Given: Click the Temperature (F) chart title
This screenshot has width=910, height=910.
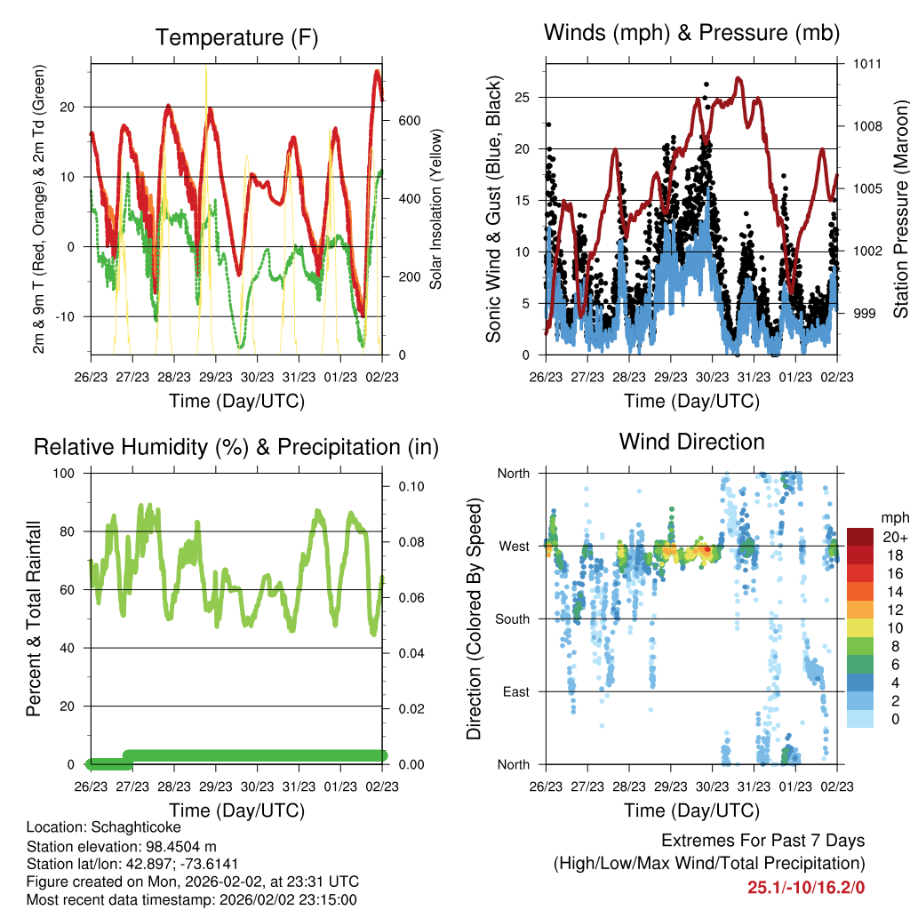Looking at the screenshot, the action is pos(236,37).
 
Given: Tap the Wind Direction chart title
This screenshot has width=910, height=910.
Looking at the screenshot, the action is pos(691,442).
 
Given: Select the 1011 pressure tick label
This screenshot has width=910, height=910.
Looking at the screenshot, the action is pos(867,64).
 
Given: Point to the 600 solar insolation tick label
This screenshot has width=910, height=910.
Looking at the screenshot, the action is pos(410,121).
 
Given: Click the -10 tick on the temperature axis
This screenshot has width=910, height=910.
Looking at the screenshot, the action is pos(64,317).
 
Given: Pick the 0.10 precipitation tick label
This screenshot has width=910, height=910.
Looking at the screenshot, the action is pos(411,486).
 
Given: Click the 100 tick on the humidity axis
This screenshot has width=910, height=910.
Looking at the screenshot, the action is pos(64,473).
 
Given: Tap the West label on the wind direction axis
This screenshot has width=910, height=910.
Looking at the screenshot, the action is pos(515,547).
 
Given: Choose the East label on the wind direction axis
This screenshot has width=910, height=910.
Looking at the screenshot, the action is pos(516,691).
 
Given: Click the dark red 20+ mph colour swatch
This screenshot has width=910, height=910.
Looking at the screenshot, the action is pos(859,537).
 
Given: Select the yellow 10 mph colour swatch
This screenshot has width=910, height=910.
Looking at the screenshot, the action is pos(859,628).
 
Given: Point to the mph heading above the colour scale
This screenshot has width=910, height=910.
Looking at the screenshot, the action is pos(895,518).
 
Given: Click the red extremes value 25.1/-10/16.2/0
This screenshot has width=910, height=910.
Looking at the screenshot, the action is pos(806,888).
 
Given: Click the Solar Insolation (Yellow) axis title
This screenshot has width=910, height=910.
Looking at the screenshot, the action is pos(435,209).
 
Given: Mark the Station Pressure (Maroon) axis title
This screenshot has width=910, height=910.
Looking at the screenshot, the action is pos(900,209).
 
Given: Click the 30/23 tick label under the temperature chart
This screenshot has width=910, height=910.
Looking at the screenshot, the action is pos(257,377).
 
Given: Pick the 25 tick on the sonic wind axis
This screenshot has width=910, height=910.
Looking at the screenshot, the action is pos(523,98).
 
